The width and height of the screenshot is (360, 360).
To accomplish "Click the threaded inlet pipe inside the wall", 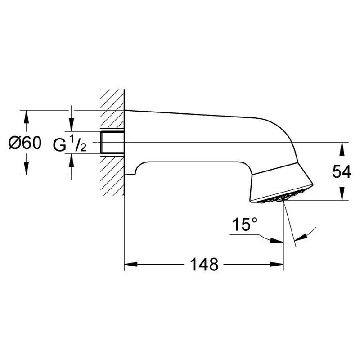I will pyautogui.click(x=112, y=143).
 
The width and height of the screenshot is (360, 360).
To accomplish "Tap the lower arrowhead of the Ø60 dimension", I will pyautogui.click(x=26, y=170).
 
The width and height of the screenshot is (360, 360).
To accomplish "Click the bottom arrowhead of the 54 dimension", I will pyautogui.click(x=343, y=195).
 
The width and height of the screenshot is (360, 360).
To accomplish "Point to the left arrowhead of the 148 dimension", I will pyautogui.click(x=130, y=264).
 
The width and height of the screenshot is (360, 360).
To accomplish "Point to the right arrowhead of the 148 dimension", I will pyautogui.click(x=278, y=264).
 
